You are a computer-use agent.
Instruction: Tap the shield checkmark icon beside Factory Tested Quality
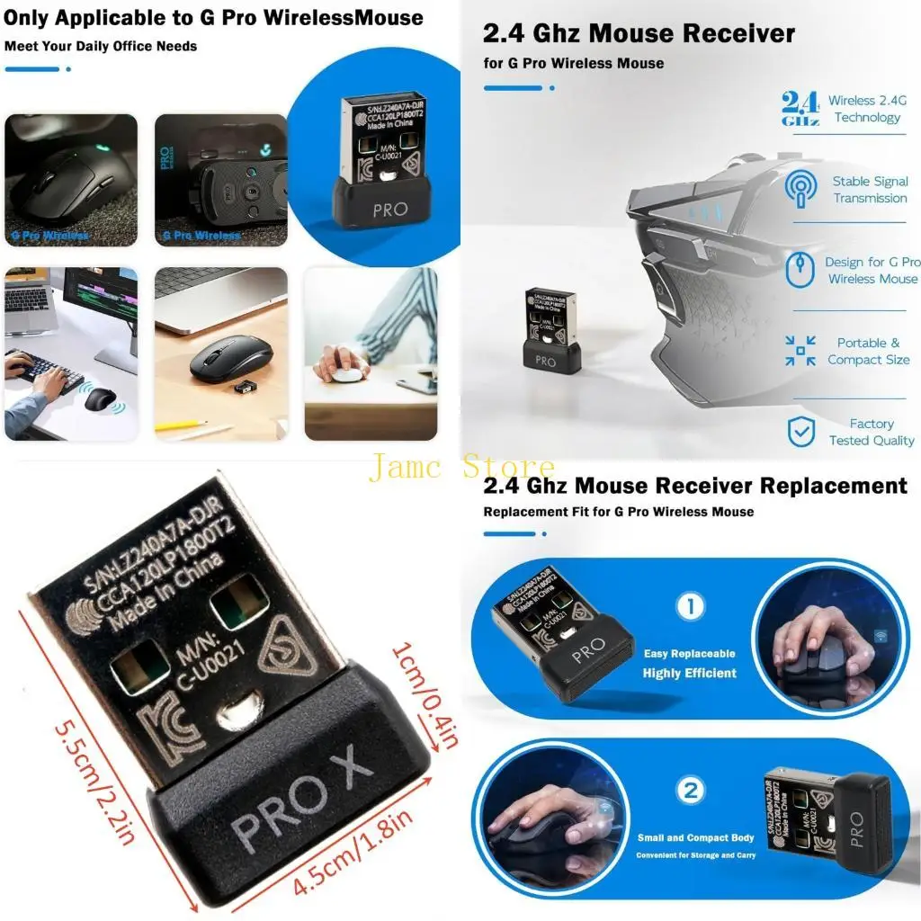800,432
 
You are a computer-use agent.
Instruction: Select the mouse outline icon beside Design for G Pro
800,270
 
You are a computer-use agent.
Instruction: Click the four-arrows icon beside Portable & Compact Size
800,351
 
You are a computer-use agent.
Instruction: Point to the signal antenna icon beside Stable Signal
800,189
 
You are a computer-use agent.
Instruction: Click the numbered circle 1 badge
690,606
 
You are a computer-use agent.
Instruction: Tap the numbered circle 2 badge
690,791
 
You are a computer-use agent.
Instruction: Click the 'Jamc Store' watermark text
460,468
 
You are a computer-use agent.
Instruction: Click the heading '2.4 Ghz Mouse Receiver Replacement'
695,486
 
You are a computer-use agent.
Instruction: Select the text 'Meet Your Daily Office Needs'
101,46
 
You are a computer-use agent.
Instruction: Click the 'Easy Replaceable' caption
689,654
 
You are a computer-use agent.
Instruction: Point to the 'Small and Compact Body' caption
695,837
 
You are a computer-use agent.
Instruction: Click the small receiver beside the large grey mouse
550,333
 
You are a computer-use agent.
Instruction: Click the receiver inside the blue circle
380,162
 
